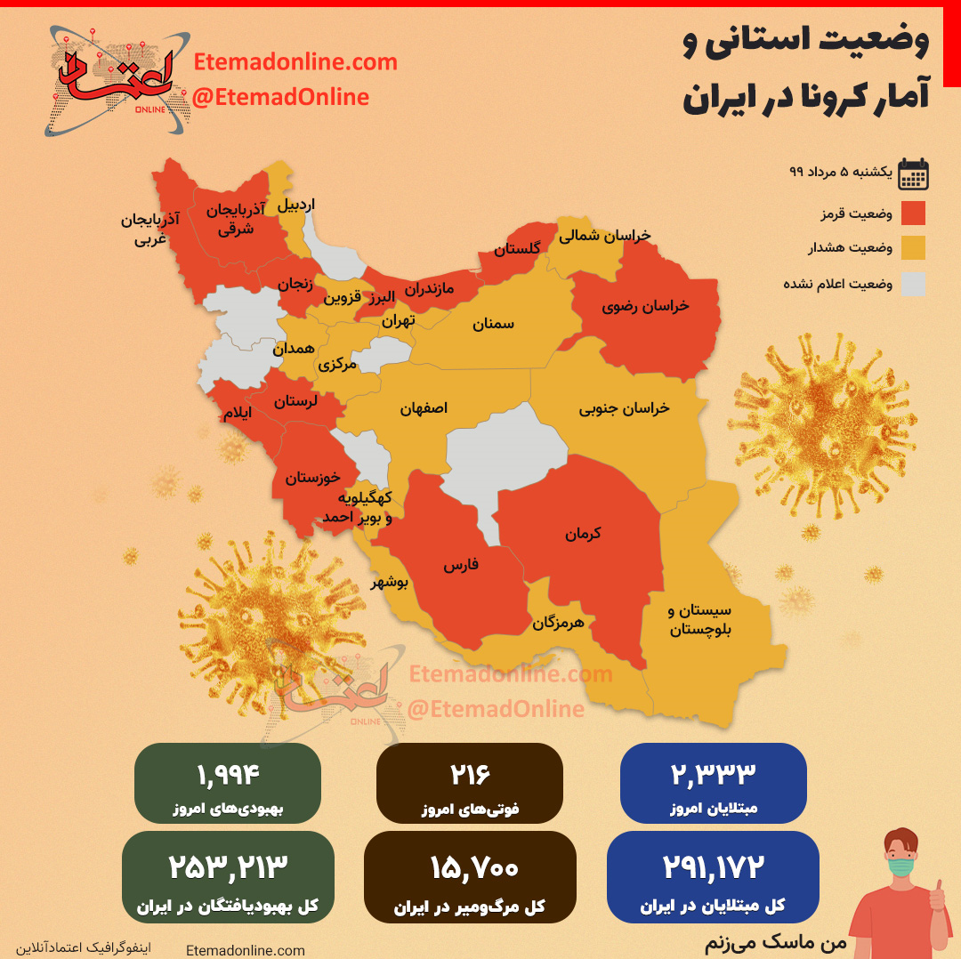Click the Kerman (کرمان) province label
pyautogui.click(x=583, y=534)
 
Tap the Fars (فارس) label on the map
pyautogui.click(x=461, y=565)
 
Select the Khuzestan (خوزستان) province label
pyautogui.click(x=312, y=478)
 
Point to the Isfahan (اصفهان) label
pyautogui.click(x=424, y=407)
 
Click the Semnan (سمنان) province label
pyautogui.click(x=492, y=324)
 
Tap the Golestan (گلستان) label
pyautogui.click(x=517, y=250)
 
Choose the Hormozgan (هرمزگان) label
pyautogui.click(x=558, y=623)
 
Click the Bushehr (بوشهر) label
pyautogui.click(x=389, y=583)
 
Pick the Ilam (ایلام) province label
pyautogui.click(x=237, y=414)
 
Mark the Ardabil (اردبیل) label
pyautogui.click(x=296, y=204)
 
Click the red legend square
pyautogui.click(x=912, y=214)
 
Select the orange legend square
pyautogui.click(x=912, y=248)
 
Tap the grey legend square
pyautogui.click(x=912, y=284)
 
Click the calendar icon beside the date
pyautogui.click(x=913, y=174)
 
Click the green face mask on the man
pyautogui.click(x=901, y=865)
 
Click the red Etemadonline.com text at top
pyautogui.click(x=295, y=63)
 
